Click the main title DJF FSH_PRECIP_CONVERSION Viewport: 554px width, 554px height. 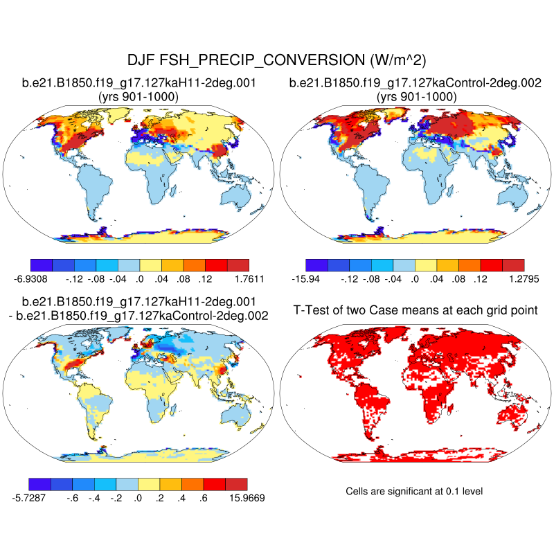click(x=277, y=60)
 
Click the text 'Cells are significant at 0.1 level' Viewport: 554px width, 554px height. click(x=413, y=491)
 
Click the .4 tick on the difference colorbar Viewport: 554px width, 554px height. click(x=182, y=497)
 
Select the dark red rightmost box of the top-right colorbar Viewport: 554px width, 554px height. click(x=513, y=265)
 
